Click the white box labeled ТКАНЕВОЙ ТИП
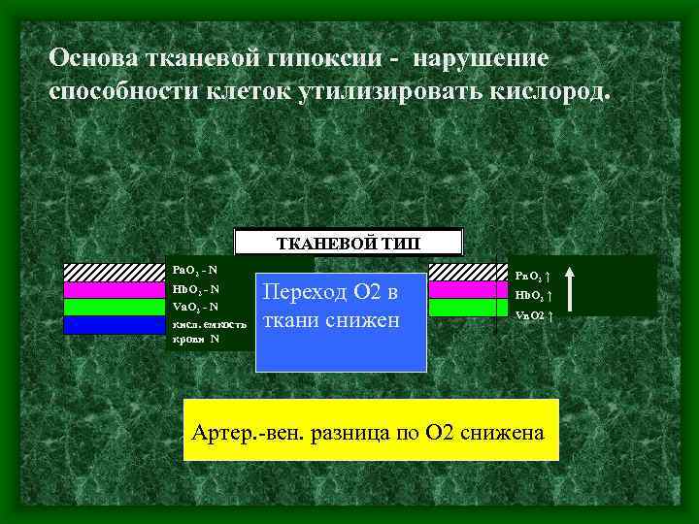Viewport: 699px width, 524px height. (349, 242)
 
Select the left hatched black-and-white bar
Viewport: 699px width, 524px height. (114, 272)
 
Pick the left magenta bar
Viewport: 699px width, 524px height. (114, 289)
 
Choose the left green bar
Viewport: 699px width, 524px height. (114, 307)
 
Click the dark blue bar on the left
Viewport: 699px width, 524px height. (114, 324)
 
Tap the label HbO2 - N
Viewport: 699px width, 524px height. (195, 288)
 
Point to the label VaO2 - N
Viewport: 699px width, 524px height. (194, 306)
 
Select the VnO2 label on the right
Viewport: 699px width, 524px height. (535, 315)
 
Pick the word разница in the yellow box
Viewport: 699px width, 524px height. (356, 432)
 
